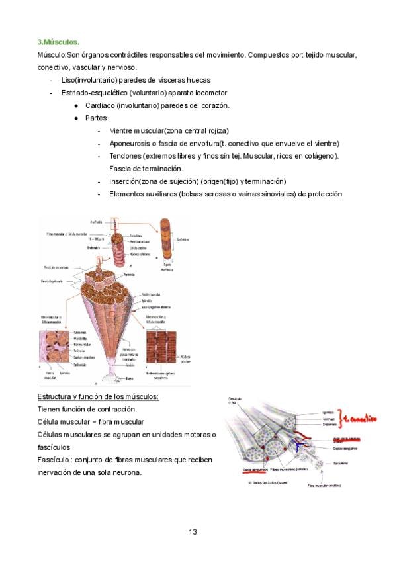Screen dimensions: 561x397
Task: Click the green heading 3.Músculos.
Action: coord(58,42)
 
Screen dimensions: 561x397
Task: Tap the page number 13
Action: coord(193,531)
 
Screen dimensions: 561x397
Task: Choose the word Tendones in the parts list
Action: coord(125,155)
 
